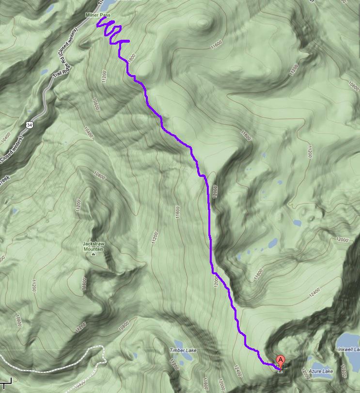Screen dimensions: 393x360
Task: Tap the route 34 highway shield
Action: pyautogui.click(x=30, y=125)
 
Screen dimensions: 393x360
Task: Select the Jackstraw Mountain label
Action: pyautogui.click(x=94, y=246)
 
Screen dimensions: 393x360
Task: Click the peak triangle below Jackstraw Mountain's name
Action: pyautogui.click(x=94, y=253)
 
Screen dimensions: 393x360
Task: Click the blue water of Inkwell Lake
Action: pyautogui.click(x=348, y=339)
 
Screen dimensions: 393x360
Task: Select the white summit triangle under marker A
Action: pyautogui.click(x=280, y=371)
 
